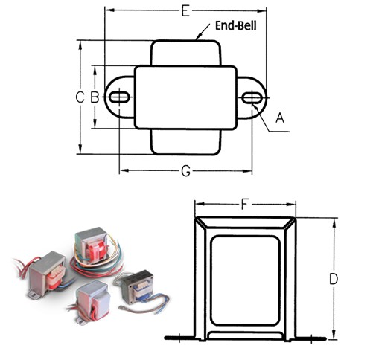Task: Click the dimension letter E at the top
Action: coord(185,11)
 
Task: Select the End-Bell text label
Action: coord(235,25)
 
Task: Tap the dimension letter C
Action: coord(80,97)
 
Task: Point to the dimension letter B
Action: coord(95,97)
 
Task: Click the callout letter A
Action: coord(280,118)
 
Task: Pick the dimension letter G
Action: coord(186,171)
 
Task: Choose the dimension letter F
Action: coord(244,205)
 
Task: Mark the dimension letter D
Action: coord(334,279)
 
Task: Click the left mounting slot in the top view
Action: coord(119,97)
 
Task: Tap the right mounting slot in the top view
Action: coord(252,98)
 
